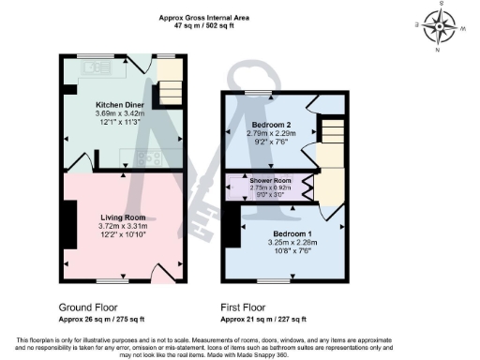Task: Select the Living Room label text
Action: point(118,217)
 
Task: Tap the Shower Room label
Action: point(272,179)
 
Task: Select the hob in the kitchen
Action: point(147,157)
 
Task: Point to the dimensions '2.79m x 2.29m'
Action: point(272,134)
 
